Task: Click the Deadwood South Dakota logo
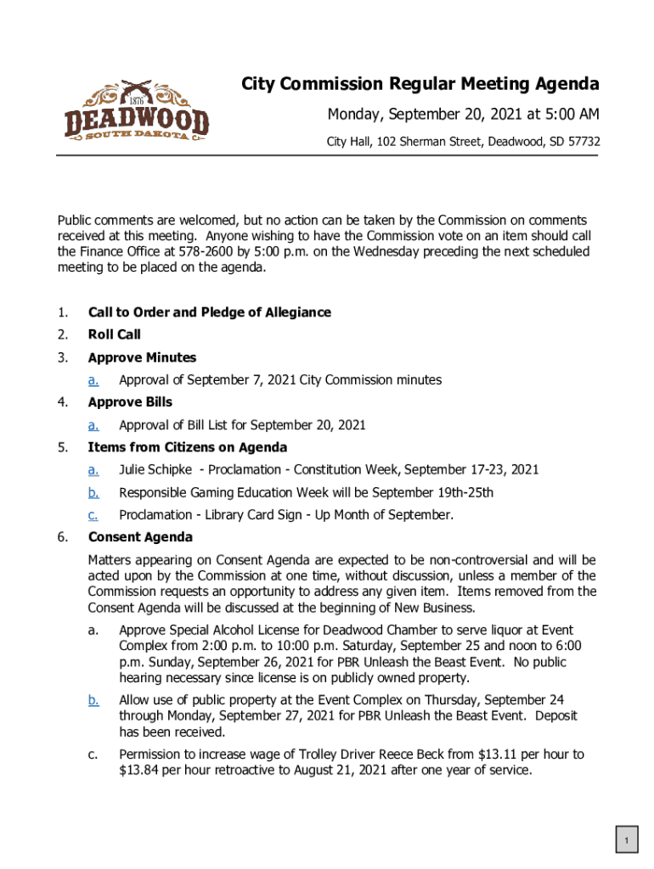(137, 111)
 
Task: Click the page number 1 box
(626, 841)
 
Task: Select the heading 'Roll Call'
(115, 334)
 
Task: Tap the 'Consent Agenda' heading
(140, 537)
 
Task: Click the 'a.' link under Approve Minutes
(93, 380)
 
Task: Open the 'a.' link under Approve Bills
(93, 425)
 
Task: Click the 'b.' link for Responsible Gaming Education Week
(93, 492)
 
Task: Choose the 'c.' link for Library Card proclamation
(93, 515)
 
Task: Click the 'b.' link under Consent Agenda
(93, 700)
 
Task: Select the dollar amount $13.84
(138, 771)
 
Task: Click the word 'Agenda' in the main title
(567, 85)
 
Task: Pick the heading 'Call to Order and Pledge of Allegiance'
(210, 312)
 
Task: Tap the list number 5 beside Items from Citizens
(62, 447)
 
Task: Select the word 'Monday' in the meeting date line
(355, 115)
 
